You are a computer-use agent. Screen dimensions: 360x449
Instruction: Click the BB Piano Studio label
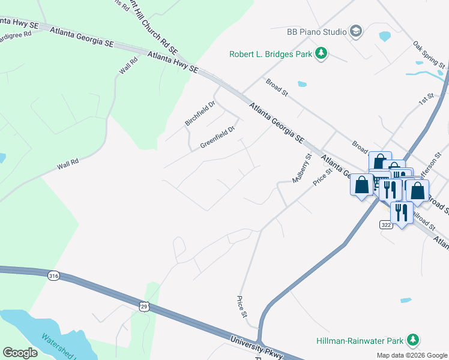(x=316, y=31)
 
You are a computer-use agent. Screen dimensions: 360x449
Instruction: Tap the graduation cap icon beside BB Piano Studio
(x=356, y=31)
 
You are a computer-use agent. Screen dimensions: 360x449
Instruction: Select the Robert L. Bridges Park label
(x=271, y=55)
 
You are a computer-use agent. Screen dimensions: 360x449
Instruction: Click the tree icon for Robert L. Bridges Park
(x=322, y=54)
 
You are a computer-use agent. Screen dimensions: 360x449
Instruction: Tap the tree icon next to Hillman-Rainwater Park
(x=412, y=340)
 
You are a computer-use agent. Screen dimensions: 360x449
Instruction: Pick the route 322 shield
(x=386, y=224)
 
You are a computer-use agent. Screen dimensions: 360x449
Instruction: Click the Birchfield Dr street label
(x=200, y=113)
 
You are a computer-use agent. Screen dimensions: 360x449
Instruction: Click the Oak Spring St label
(x=429, y=55)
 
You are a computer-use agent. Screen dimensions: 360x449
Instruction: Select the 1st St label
(x=426, y=98)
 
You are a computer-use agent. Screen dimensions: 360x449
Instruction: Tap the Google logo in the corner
(x=20, y=353)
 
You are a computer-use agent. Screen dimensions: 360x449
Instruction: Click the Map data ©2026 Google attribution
(x=412, y=355)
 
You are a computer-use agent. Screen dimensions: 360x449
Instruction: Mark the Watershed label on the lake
(x=58, y=347)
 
